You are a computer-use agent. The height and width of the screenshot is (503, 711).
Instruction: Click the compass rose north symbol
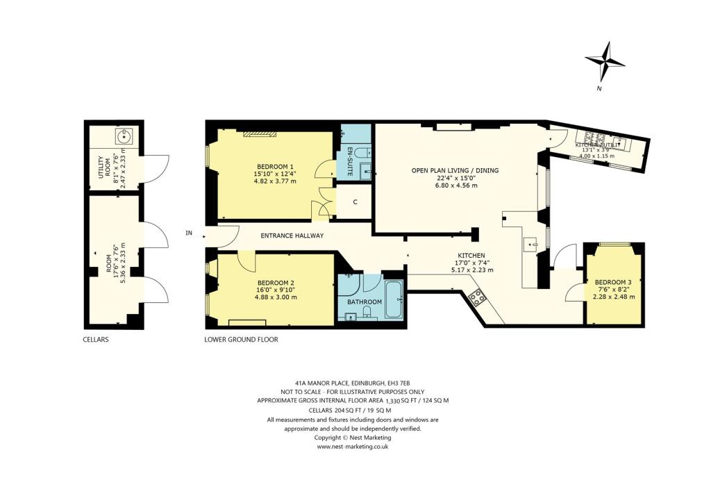click(x=605, y=63)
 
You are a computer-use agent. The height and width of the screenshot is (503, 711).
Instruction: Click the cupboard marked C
click(x=355, y=202)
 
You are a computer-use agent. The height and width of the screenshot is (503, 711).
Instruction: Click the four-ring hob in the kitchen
click(x=477, y=298)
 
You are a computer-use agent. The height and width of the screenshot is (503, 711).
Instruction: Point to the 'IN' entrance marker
click(x=188, y=233)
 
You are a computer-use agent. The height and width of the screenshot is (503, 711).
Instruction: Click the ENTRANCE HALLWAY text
click(x=292, y=236)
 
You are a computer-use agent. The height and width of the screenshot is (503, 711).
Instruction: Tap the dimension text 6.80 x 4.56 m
click(x=455, y=185)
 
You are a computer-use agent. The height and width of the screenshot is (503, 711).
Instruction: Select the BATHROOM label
click(x=365, y=302)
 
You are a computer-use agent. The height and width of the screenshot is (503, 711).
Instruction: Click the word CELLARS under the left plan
click(x=94, y=340)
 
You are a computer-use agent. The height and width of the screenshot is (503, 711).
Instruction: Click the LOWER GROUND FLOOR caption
click(x=241, y=340)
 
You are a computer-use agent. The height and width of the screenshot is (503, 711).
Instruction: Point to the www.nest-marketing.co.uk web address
click(x=353, y=447)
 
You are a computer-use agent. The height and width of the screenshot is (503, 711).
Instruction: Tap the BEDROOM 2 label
click(x=276, y=283)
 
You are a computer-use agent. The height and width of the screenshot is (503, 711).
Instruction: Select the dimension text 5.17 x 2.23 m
click(x=471, y=270)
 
